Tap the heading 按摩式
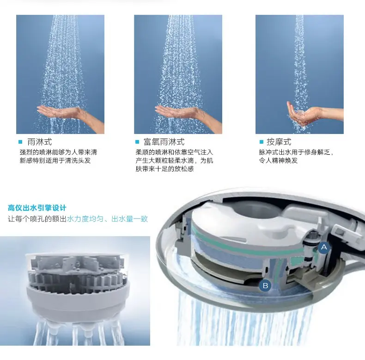click(279, 142)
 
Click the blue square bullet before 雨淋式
click(20, 142)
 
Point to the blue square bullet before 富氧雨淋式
click(137, 142)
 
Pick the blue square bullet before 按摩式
click(260, 142)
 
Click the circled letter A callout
click(324, 247)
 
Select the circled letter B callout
click(265, 286)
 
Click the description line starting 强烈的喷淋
click(58, 152)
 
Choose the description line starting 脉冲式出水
click(296, 152)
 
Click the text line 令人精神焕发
click(278, 160)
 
